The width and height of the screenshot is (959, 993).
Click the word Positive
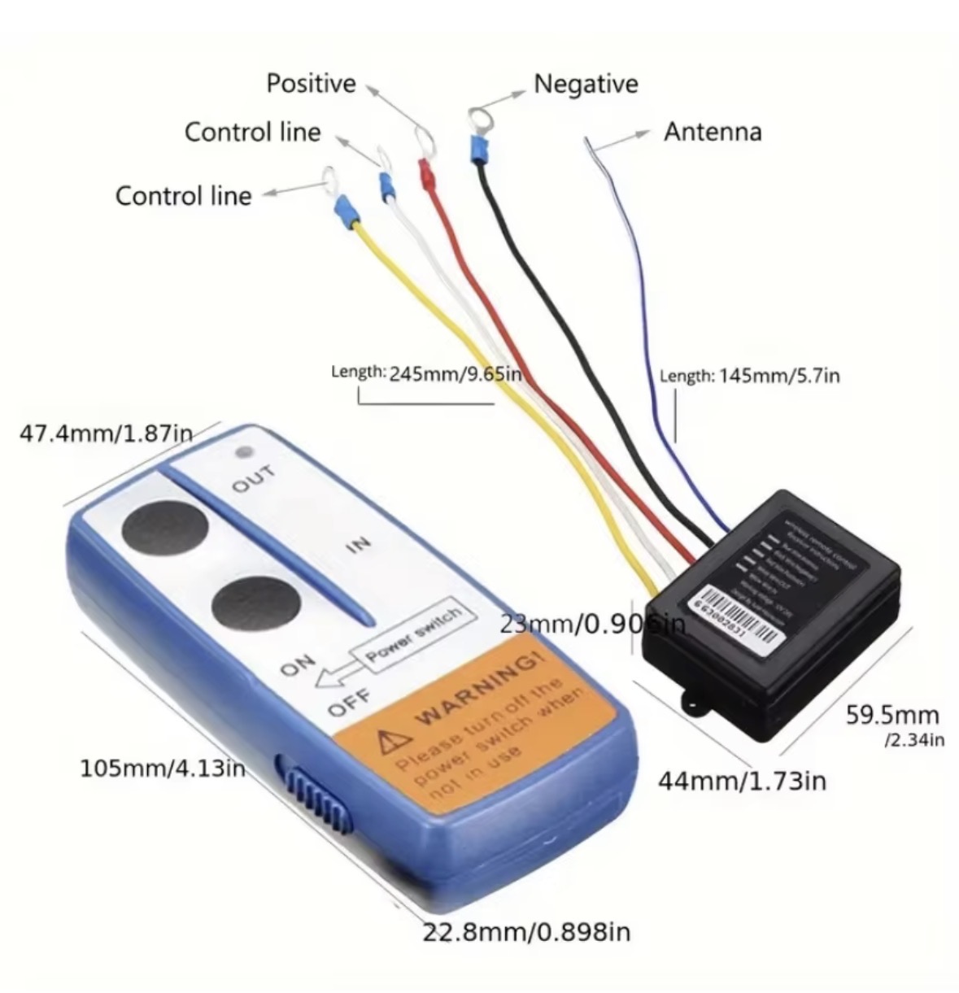point(311,83)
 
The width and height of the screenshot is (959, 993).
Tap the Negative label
point(586,83)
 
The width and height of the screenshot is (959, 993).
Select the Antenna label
point(713,132)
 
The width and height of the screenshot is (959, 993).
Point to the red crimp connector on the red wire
point(425,173)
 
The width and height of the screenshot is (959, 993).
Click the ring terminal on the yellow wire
point(330,180)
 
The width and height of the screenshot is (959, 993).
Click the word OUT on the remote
point(254,480)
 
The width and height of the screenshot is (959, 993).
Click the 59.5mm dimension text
point(893,716)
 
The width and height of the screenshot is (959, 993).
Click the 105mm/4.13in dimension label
point(163,768)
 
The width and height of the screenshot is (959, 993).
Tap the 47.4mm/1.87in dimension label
point(106,433)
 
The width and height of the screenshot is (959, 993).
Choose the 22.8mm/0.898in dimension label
point(526,931)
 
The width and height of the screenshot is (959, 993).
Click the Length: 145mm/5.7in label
point(749,375)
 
